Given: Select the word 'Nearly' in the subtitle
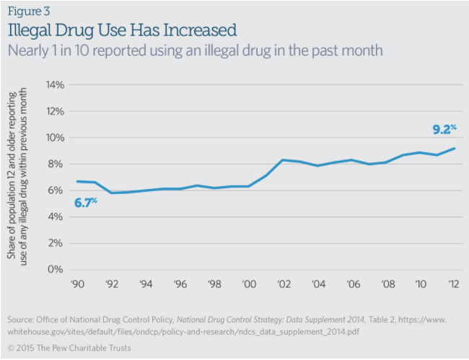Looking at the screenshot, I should tap(29, 52).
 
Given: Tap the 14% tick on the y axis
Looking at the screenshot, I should tap(55, 84).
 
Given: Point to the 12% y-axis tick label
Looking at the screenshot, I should tap(55, 111).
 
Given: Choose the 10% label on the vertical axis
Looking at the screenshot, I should tap(55, 138).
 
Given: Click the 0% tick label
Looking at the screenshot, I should tap(57, 270).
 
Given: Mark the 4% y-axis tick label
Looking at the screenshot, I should tap(57, 217).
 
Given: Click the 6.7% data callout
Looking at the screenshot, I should tap(85, 203).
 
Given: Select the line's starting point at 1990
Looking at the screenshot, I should tap(76, 181).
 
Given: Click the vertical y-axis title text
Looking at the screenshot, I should tap(19, 177).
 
